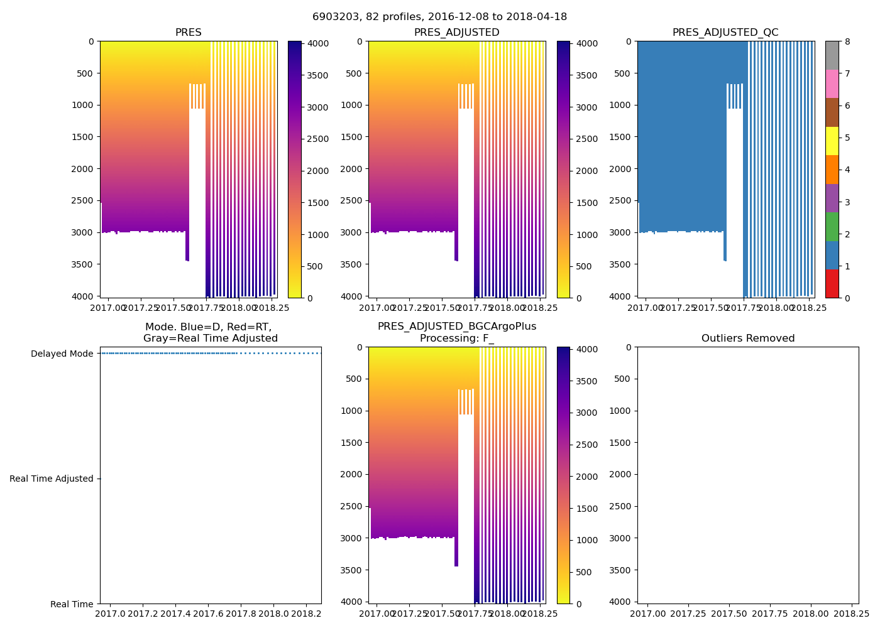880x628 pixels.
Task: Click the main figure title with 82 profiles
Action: [x=439, y=17]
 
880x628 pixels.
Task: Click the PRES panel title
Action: [x=189, y=33]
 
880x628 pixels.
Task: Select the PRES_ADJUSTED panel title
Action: [x=456, y=33]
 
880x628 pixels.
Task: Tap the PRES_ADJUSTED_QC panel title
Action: [x=725, y=33]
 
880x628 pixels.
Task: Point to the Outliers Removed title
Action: [x=748, y=338]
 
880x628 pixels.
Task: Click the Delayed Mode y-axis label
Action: [x=62, y=354]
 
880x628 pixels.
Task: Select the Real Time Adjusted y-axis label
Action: [x=51, y=479]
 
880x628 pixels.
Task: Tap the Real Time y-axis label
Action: [x=72, y=604]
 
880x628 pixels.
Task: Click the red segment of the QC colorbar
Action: [x=832, y=283]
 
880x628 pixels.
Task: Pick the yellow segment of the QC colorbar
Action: [x=832, y=141]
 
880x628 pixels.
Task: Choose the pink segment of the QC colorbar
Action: [x=832, y=84]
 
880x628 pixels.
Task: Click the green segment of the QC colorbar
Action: [x=832, y=226]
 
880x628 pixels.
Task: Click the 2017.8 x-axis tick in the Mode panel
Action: [x=241, y=614]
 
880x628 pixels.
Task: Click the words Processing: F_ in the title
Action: [x=456, y=338]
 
